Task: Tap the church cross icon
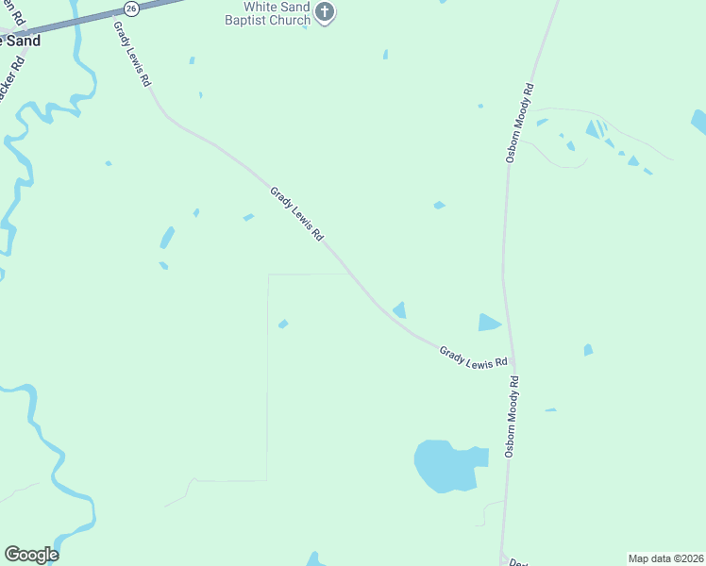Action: click(326, 13)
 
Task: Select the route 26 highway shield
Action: click(131, 8)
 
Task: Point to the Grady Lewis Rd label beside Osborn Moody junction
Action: click(474, 357)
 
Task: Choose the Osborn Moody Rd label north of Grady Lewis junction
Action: click(519, 124)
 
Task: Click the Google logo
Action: click(31, 555)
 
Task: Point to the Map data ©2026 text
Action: click(665, 558)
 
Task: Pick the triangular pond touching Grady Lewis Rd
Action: click(400, 309)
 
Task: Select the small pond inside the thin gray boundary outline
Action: click(283, 325)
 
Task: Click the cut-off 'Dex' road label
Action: click(517, 561)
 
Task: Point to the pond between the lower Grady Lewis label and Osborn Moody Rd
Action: click(488, 323)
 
